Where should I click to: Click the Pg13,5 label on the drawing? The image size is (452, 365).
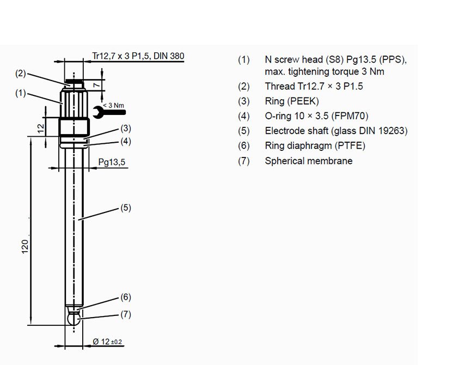click(111, 161)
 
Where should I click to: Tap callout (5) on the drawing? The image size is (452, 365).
click(126, 207)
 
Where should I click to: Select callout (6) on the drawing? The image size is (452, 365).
click(126, 297)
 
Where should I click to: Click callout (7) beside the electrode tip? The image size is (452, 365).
click(126, 314)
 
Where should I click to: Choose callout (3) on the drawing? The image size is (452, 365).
click(126, 129)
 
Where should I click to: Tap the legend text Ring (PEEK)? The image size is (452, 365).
click(292, 101)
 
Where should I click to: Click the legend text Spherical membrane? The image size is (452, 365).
click(308, 161)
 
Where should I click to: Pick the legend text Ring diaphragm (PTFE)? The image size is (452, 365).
click(315, 145)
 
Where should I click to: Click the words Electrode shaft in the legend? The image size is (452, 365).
click(294, 131)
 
